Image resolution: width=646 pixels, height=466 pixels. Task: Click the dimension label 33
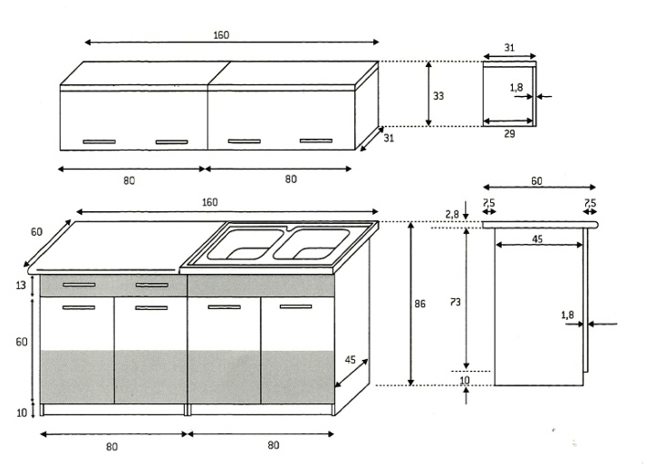(x=439, y=96)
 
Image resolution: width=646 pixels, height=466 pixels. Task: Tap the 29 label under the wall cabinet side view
(x=509, y=133)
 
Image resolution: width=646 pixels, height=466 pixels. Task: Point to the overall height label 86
(x=419, y=304)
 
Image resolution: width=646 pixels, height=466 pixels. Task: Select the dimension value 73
(x=455, y=302)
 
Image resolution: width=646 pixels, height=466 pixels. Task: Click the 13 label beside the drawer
(x=21, y=285)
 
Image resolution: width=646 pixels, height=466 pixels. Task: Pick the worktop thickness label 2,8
(x=452, y=214)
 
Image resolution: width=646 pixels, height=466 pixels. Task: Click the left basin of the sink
(x=246, y=245)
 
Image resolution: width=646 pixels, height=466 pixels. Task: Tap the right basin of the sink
(x=312, y=244)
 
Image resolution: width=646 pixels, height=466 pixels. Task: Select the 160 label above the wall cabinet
(x=221, y=35)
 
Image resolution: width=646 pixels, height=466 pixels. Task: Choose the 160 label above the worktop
(x=209, y=202)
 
